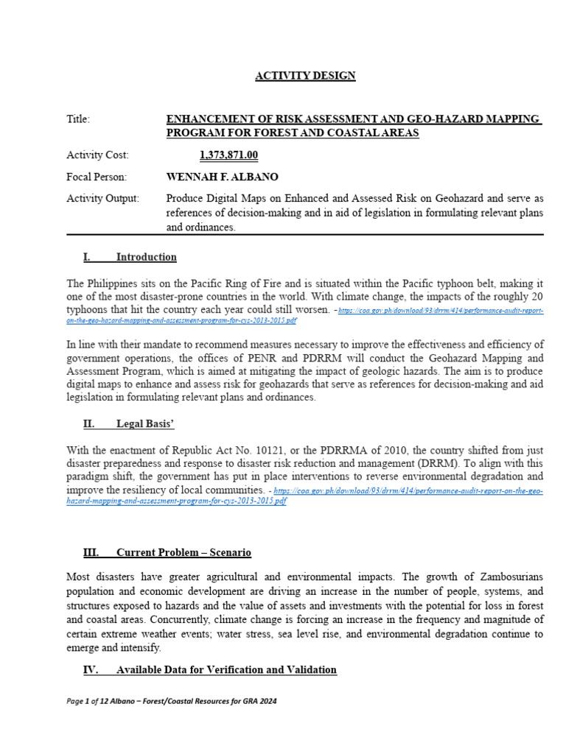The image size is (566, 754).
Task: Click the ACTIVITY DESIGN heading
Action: pos(305,76)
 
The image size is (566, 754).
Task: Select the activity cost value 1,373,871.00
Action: pos(228,155)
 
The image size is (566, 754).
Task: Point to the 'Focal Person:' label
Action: pos(97,177)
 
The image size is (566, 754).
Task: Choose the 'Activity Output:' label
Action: pos(102,199)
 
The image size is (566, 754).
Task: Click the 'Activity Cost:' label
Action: pos(97,155)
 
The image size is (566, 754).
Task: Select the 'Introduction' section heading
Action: pos(146,257)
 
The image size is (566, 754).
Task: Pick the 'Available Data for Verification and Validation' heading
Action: pos(226,670)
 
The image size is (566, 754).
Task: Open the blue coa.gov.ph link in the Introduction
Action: pos(441,311)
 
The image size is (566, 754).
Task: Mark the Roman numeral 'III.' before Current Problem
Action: pos(91,552)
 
